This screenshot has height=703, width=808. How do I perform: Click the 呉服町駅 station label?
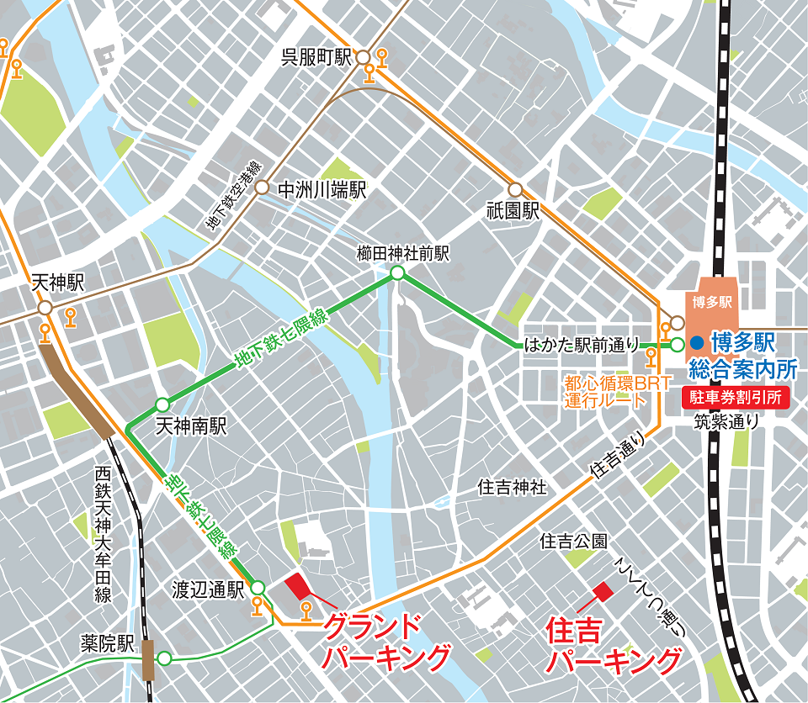316,57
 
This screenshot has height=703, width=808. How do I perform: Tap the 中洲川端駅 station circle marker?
262,189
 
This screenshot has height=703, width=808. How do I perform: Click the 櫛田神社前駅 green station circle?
396,273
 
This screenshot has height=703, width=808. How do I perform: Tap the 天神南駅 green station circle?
162,404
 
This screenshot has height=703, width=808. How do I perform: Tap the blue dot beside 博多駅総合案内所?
697,343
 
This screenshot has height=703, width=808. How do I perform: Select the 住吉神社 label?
512,487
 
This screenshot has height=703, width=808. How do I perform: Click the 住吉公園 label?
573,542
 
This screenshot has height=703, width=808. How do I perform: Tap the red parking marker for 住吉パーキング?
603,592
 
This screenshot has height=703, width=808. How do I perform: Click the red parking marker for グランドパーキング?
299,585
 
